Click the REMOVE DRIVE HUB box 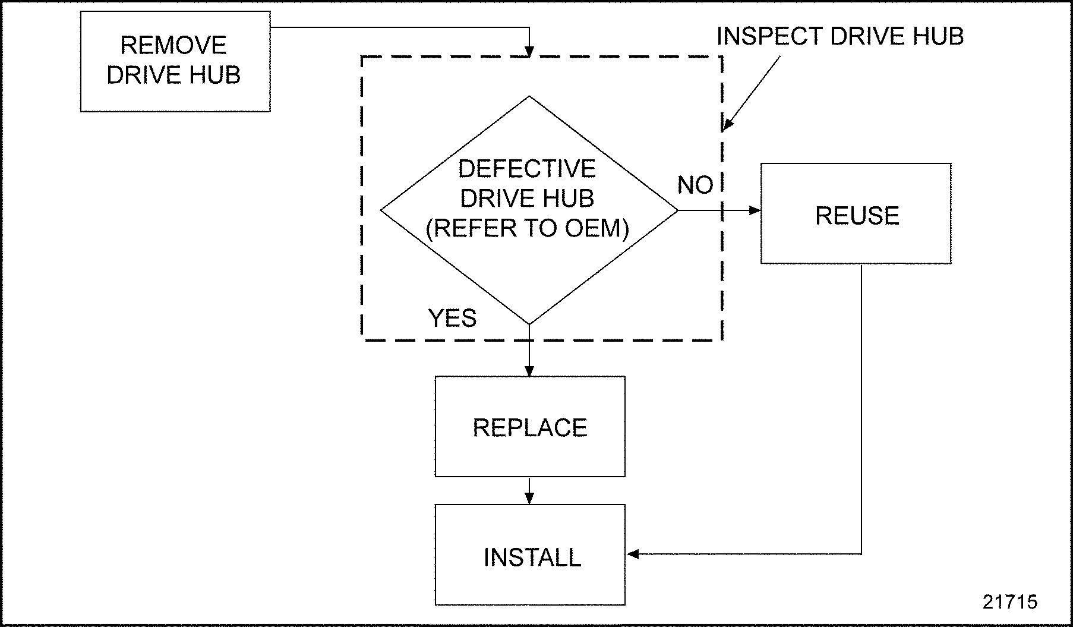click(175, 61)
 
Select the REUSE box click(856, 214)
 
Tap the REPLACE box click(529, 427)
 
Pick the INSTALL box click(529, 555)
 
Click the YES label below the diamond click(452, 318)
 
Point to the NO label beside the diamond click(695, 185)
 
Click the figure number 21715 click(1009, 601)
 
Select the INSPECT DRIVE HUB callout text click(840, 36)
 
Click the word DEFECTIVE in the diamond click(526, 169)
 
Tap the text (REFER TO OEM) click(527, 228)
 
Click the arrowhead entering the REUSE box click(755, 210)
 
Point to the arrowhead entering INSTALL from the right click(633, 554)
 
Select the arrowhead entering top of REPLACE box click(529, 371)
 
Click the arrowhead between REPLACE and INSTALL click(529, 499)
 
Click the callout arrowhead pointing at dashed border click(727, 126)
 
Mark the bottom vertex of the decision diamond click(529, 324)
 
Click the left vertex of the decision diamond click(381, 210)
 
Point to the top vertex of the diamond click(529, 97)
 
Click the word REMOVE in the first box click(173, 45)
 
